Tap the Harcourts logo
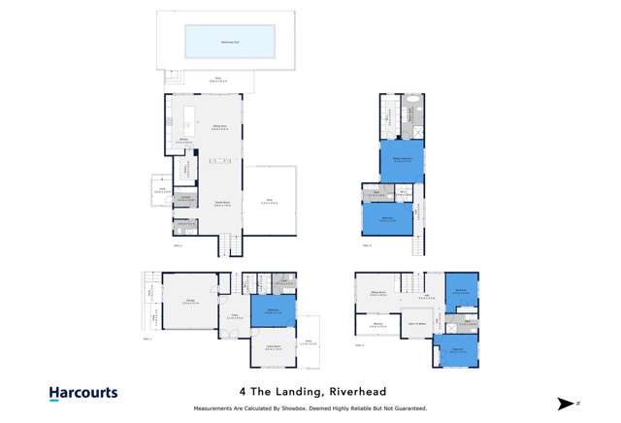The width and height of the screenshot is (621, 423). tap(83, 393)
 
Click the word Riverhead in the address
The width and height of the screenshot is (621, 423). tap(356, 392)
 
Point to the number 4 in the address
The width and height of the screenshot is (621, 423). tap(242, 392)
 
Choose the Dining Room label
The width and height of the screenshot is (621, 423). tap(219, 126)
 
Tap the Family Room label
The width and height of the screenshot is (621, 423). tap(221, 204)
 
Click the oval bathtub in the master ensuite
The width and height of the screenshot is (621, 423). tap(412, 99)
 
